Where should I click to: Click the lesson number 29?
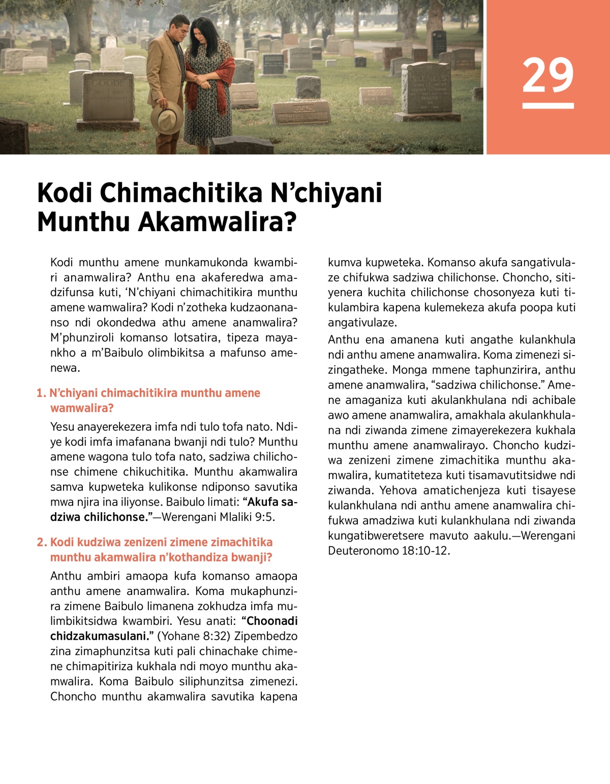pos(547,75)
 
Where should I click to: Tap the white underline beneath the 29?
pos(547,106)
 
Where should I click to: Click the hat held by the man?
pos(167,117)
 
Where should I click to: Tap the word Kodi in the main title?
pos(65,193)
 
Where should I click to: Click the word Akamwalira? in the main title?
pos(217,222)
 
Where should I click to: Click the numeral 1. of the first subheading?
pos(41,393)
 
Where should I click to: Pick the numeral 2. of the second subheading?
pos(42,542)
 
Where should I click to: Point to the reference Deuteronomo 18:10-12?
pos(389,551)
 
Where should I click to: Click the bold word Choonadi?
pos(272,621)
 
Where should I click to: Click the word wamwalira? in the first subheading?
pos(82,408)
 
